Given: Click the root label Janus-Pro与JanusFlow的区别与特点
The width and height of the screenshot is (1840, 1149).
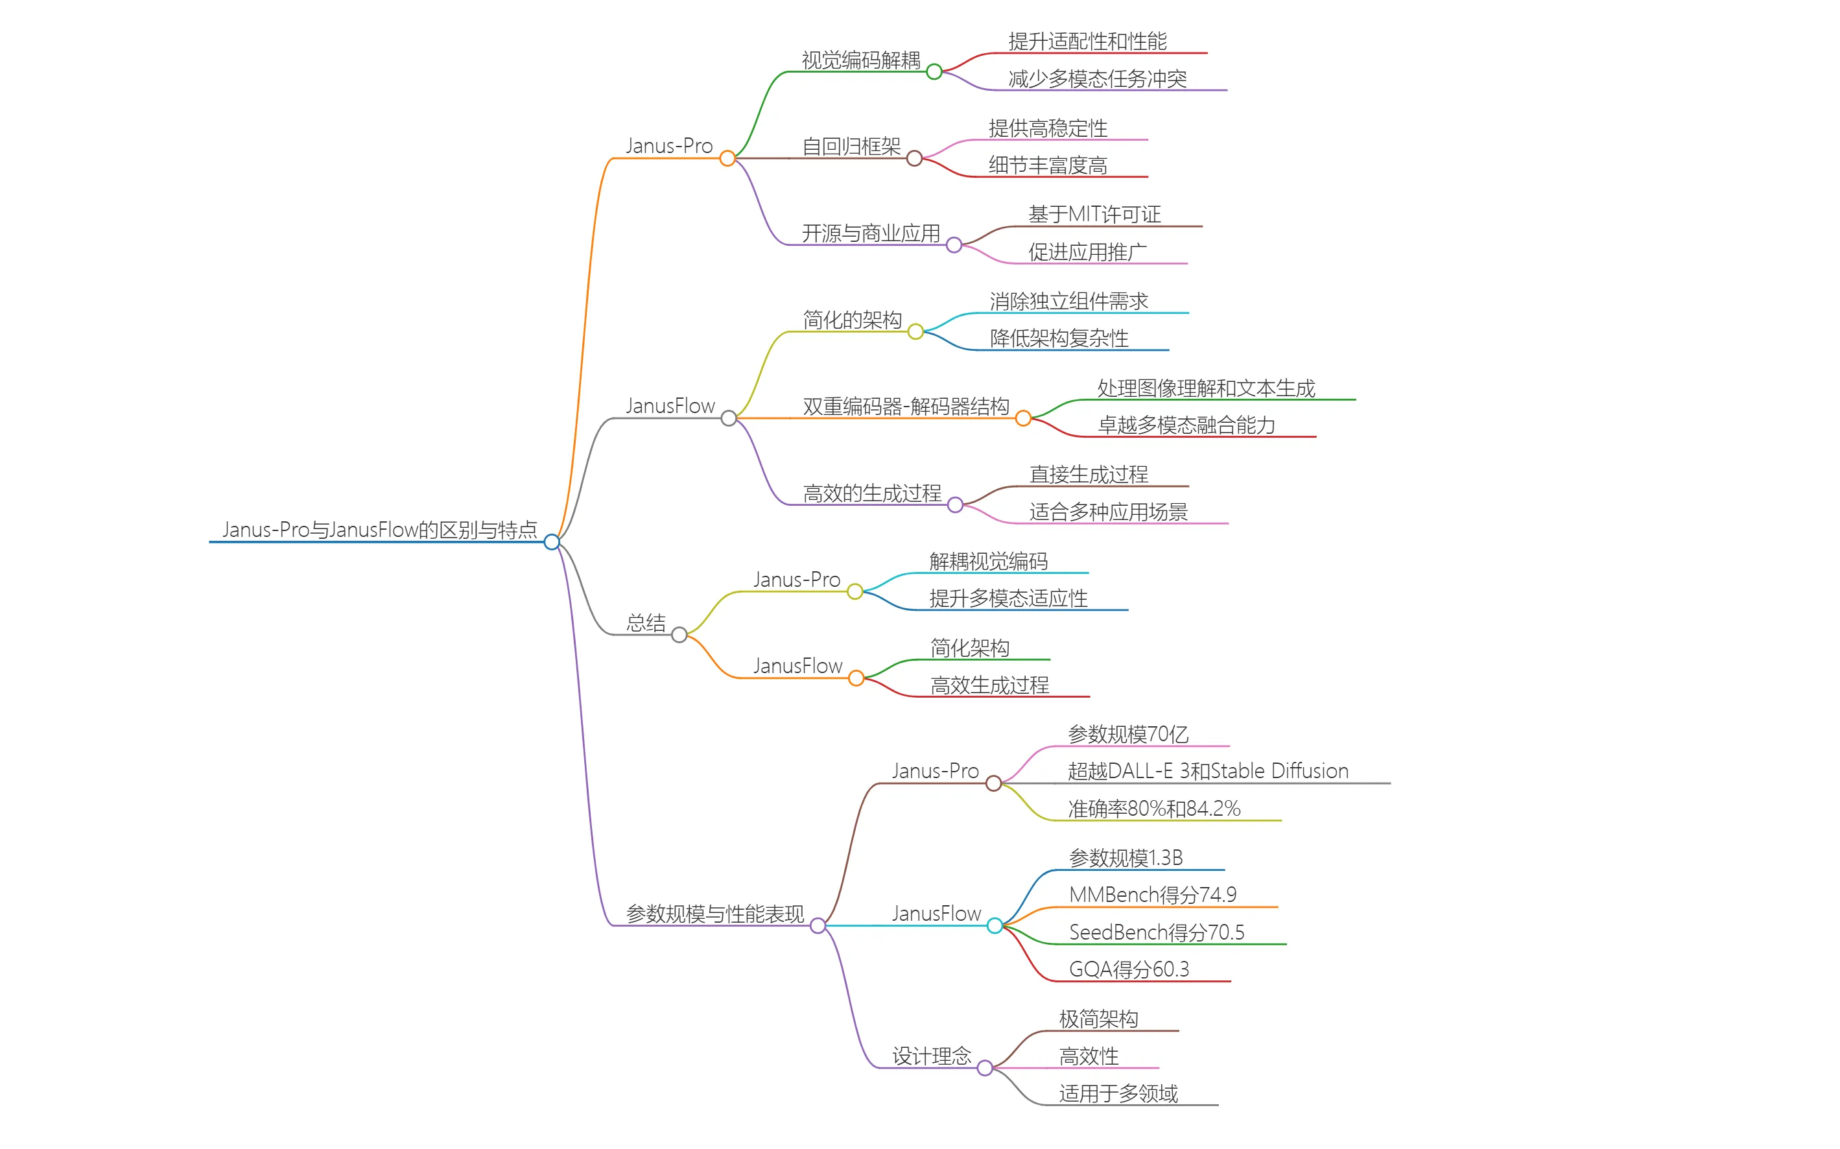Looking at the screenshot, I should tap(379, 530).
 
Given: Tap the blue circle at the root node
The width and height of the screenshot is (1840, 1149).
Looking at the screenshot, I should tap(552, 542).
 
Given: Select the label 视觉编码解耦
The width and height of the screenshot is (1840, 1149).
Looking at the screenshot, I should tap(861, 60).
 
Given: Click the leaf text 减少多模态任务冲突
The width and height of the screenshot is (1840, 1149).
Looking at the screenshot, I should tap(1097, 79).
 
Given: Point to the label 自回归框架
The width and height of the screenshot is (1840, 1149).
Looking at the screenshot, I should tap(851, 147).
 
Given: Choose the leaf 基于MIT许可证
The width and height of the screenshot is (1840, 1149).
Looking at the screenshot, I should tap(1094, 214).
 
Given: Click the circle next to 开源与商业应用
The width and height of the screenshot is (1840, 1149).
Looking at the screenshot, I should tap(954, 244).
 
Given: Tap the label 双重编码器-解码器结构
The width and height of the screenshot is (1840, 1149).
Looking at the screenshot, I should tap(906, 407).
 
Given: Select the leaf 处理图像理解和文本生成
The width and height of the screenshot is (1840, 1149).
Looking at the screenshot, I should tap(1206, 388).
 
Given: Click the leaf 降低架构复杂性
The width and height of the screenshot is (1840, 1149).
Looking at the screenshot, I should tap(1059, 338).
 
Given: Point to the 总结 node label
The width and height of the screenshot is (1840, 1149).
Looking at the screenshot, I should tap(646, 623).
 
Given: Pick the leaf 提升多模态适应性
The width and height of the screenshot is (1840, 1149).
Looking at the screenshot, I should tap(1008, 598).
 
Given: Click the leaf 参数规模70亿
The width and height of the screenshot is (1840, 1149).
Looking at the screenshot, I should tap(1127, 734).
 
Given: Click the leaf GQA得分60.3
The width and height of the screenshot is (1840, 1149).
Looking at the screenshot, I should tap(1129, 969).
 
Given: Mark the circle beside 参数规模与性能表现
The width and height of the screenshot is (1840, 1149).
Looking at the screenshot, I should tap(818, 925).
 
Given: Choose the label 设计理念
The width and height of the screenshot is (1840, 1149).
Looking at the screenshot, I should tap(932, 1056).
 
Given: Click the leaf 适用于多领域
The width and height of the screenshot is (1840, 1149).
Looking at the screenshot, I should tap(1118, 1093).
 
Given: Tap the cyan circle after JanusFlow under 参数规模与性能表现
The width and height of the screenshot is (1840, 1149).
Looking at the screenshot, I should tap(995, 925).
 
